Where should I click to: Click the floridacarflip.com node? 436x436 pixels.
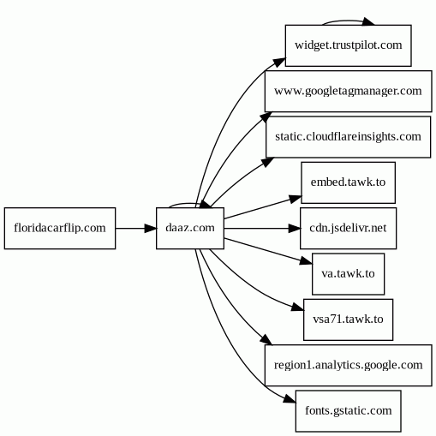[60, 229]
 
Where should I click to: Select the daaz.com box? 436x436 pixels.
[190, 229]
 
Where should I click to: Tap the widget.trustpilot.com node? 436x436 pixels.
[349, 45]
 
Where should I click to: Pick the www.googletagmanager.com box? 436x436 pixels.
[349, 92]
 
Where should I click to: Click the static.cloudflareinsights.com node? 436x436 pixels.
[349, 137]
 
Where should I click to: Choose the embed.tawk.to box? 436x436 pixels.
[349, 182]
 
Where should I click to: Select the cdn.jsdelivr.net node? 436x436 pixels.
[349, 229]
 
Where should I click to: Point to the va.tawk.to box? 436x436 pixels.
[349, 274]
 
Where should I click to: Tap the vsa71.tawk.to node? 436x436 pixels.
[349, 320]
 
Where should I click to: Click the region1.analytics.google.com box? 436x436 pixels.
[349, 366]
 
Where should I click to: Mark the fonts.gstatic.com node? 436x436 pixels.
[349, 411]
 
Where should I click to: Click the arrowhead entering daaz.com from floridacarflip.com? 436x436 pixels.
[151, 229]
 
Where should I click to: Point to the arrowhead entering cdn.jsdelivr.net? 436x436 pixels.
[295, 229]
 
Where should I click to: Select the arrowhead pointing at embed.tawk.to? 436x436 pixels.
[296, 199]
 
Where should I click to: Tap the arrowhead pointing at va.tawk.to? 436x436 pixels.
[306, 261]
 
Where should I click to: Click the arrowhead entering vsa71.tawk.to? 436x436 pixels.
[297, 308]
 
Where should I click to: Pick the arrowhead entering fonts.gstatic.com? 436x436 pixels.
[290, 399]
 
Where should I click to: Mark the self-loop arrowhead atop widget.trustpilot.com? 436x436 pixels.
[368, 21]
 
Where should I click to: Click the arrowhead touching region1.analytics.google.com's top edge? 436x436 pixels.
[266, 339]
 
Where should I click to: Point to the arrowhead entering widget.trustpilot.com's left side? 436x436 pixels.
[279, 63]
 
